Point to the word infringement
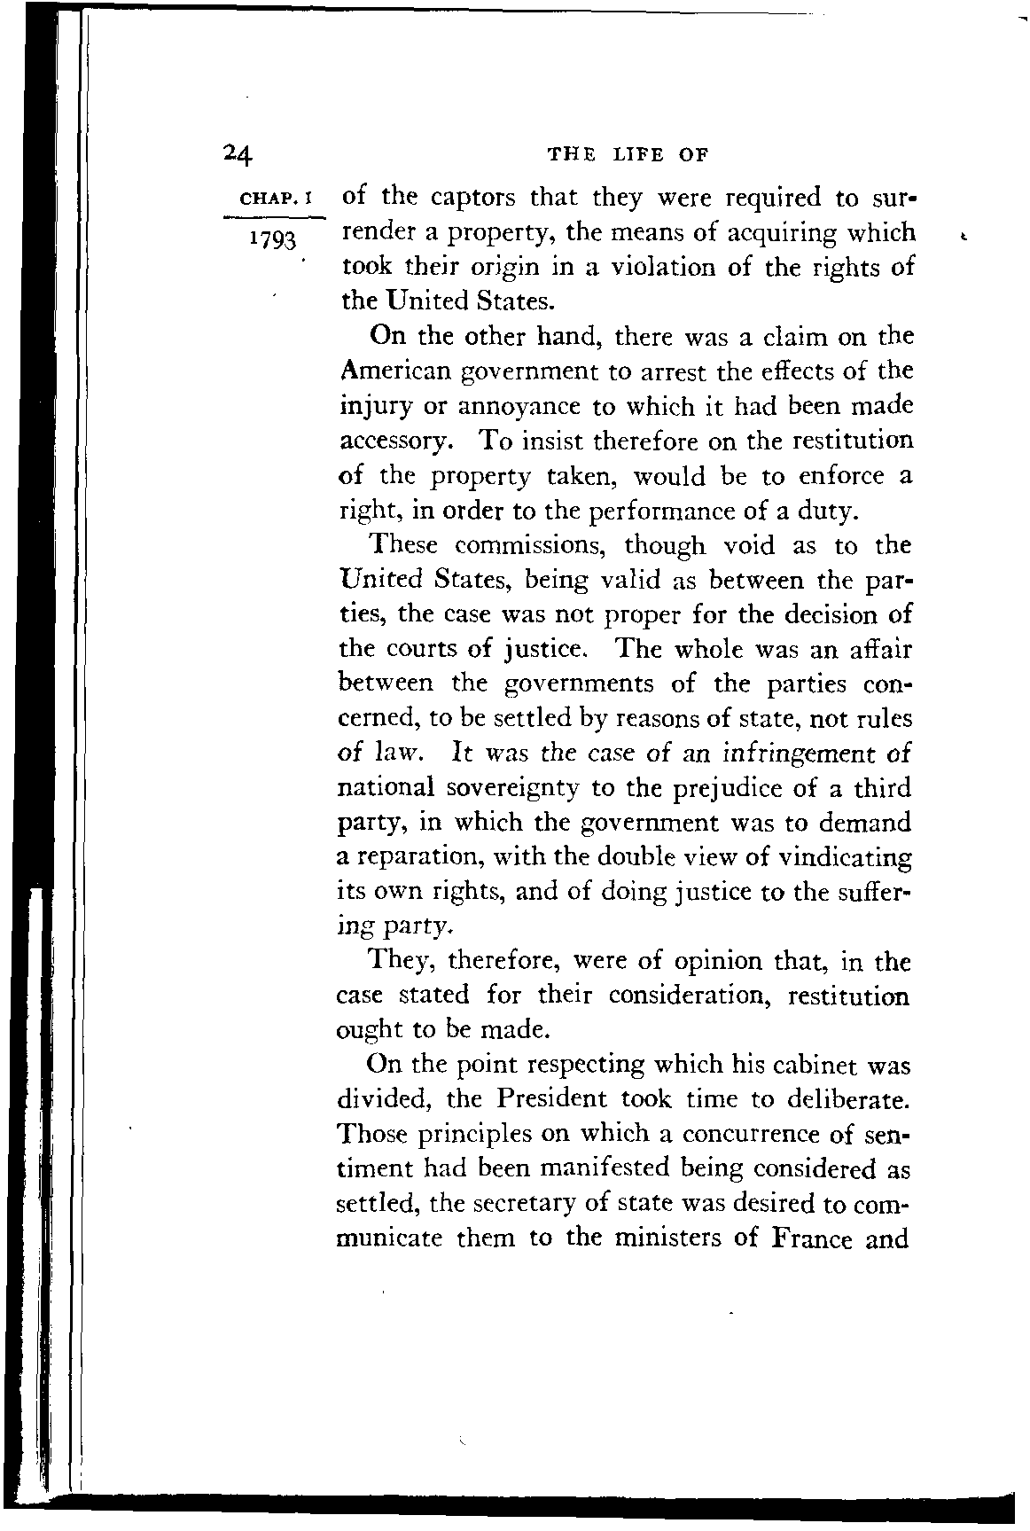(797, 754)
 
